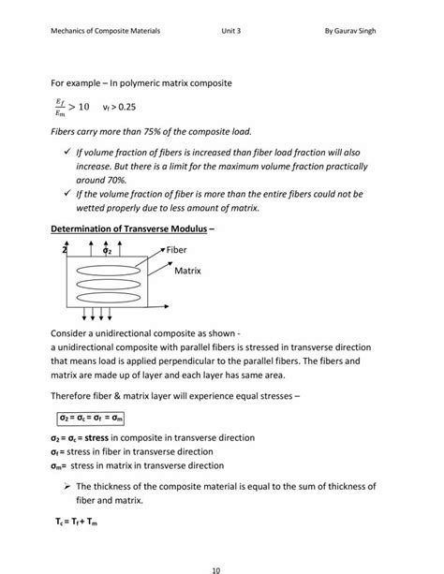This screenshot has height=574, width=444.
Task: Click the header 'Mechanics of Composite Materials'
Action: click(x=105, y=30)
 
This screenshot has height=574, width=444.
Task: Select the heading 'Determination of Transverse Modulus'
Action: click(x=132, y=228)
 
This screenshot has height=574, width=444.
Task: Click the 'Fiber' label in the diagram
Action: click(x=177, y=250)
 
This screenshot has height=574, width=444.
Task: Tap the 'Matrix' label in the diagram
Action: click(x=188, y=271)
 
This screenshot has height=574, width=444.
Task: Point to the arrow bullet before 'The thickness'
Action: click(x=68, y=486)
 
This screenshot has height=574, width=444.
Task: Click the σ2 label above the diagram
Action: click(x=107, y=251)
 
